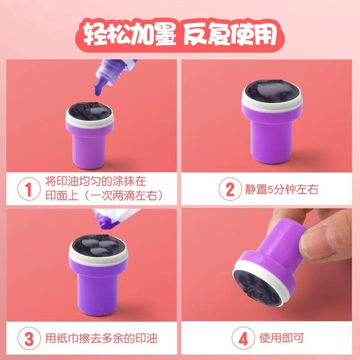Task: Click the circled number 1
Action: (x=29, y=189)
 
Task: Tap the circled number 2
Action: (x=230, y=189)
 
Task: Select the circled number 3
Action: (x=29, y=338)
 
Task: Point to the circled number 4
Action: (x=243, y=338)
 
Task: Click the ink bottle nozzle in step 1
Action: (x=101, y=83)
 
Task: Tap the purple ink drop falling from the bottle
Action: (x=98, y=91)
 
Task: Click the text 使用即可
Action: (x=282, y=338)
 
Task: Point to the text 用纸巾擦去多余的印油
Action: (x=101, y=338)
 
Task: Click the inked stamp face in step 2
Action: (x=272, y=91)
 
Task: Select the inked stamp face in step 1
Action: (x=90, y=112)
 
